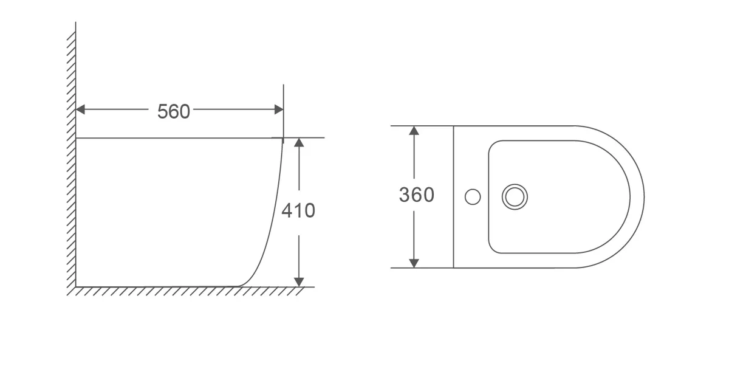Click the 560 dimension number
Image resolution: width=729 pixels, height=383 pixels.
(174, 112)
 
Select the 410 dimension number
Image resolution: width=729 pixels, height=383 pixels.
(298, 210)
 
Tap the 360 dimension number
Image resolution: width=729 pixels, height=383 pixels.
(417, 195)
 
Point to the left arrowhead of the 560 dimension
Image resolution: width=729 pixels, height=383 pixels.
(80, 109)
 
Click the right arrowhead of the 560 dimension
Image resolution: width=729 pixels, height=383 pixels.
(279, 109)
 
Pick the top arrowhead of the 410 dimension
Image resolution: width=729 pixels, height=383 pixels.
(299, 142)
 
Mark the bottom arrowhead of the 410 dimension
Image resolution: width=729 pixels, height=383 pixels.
(299, 282)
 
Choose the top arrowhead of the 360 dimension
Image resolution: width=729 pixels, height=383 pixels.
(414, 131)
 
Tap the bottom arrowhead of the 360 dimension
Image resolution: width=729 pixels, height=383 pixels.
(414, 263)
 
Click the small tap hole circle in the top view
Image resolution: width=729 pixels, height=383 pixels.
(473, 197)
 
